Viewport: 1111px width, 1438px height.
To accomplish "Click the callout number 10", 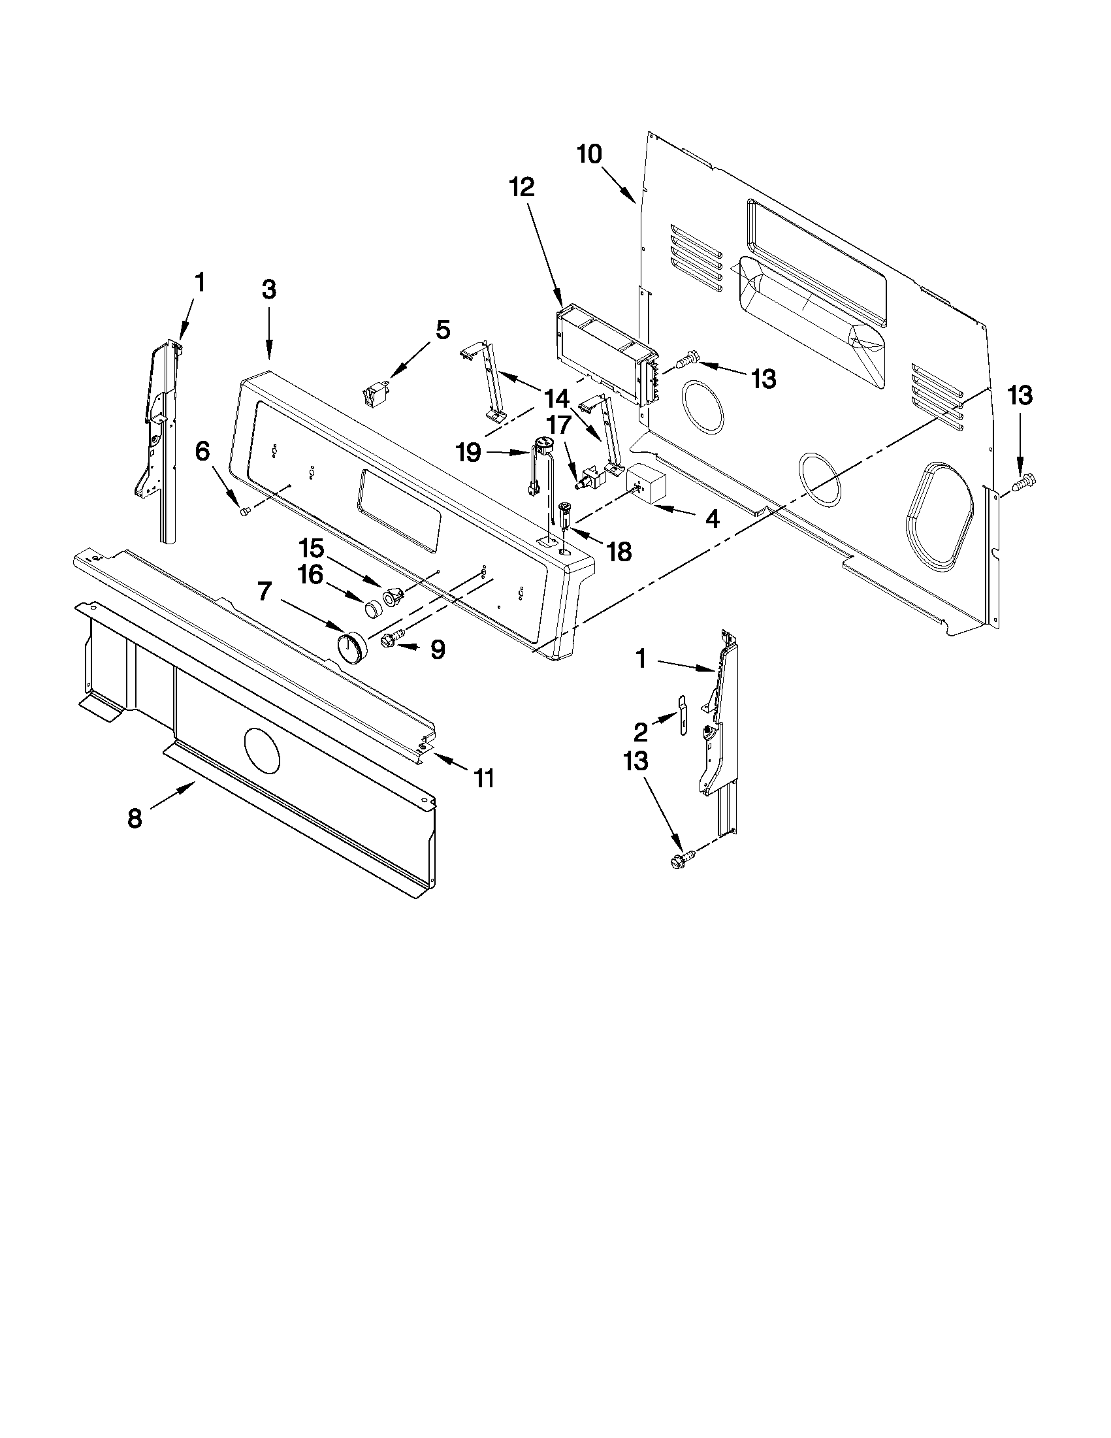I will pos(589,155).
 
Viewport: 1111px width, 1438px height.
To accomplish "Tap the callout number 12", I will pos(522,188).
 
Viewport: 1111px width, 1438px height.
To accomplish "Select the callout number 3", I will pos(268,289).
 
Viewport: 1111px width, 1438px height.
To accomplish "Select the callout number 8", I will pos(135,819).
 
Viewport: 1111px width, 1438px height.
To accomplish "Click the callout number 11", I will pos(484,778).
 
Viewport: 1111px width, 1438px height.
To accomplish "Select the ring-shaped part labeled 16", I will pos(374,608).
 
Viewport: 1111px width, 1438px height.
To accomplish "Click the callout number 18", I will pos(619,551).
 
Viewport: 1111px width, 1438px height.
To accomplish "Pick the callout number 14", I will pos(556,399).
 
